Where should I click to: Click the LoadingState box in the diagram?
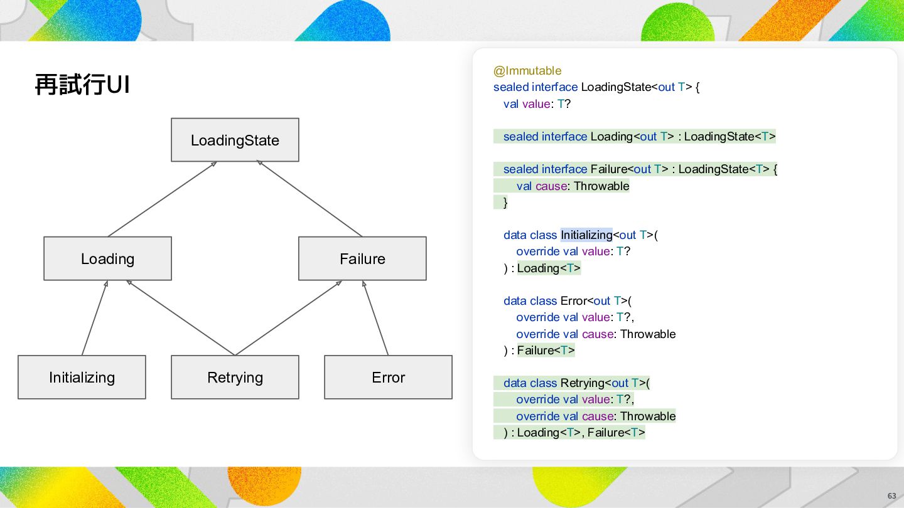point(235,140)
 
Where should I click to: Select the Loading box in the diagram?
point(107,258)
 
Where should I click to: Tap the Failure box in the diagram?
point(362,258)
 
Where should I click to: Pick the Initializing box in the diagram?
point(82,377)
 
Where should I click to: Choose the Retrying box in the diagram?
point(235,377)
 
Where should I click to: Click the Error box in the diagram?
point(388,377)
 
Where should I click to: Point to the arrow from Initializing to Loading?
point(95,318)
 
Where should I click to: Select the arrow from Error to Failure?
point(375,318)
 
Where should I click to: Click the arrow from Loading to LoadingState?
point(162,199)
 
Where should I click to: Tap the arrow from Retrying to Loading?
point(180,318)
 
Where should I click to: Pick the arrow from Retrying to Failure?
point(289,318)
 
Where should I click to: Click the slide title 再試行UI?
point(82,85)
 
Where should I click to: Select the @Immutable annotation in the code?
point(527,70)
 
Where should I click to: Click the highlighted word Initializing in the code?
point(586,235)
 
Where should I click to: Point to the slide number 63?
point(891,496)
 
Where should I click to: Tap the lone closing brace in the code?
point(505,203)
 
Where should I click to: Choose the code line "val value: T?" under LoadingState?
point(537,104)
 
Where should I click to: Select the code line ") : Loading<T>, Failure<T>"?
point(574,433)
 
